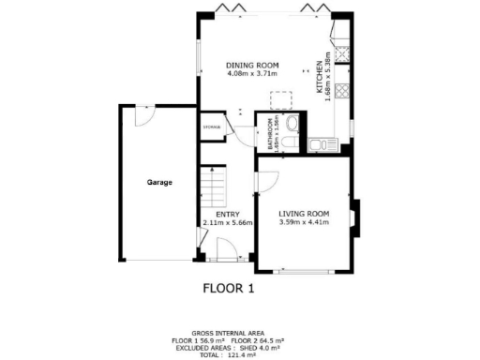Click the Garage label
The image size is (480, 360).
point(158,182)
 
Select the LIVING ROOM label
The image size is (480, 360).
point(304,213)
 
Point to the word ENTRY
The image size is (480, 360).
point(215,213)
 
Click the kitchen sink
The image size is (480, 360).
point(326,143)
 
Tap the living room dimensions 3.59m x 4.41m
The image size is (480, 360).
point(304,223)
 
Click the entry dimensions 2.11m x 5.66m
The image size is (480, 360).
point(222,223)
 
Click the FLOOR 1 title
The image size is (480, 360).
point(229,288)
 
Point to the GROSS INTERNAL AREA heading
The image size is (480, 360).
point(229,333)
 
